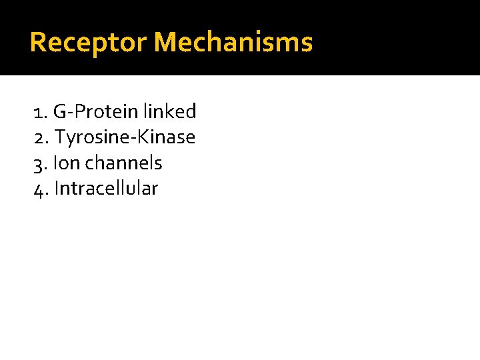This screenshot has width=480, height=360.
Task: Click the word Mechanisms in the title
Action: tap(233, 43)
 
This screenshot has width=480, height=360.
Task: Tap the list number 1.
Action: tap(38, 112)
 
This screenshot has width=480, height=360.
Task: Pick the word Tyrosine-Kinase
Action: tap(125, 138)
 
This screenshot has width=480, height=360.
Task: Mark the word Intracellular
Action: tap(106, 189)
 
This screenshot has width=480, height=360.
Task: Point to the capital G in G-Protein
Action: tap(60, 112)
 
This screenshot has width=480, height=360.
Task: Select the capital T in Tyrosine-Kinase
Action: tap(60, 138)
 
